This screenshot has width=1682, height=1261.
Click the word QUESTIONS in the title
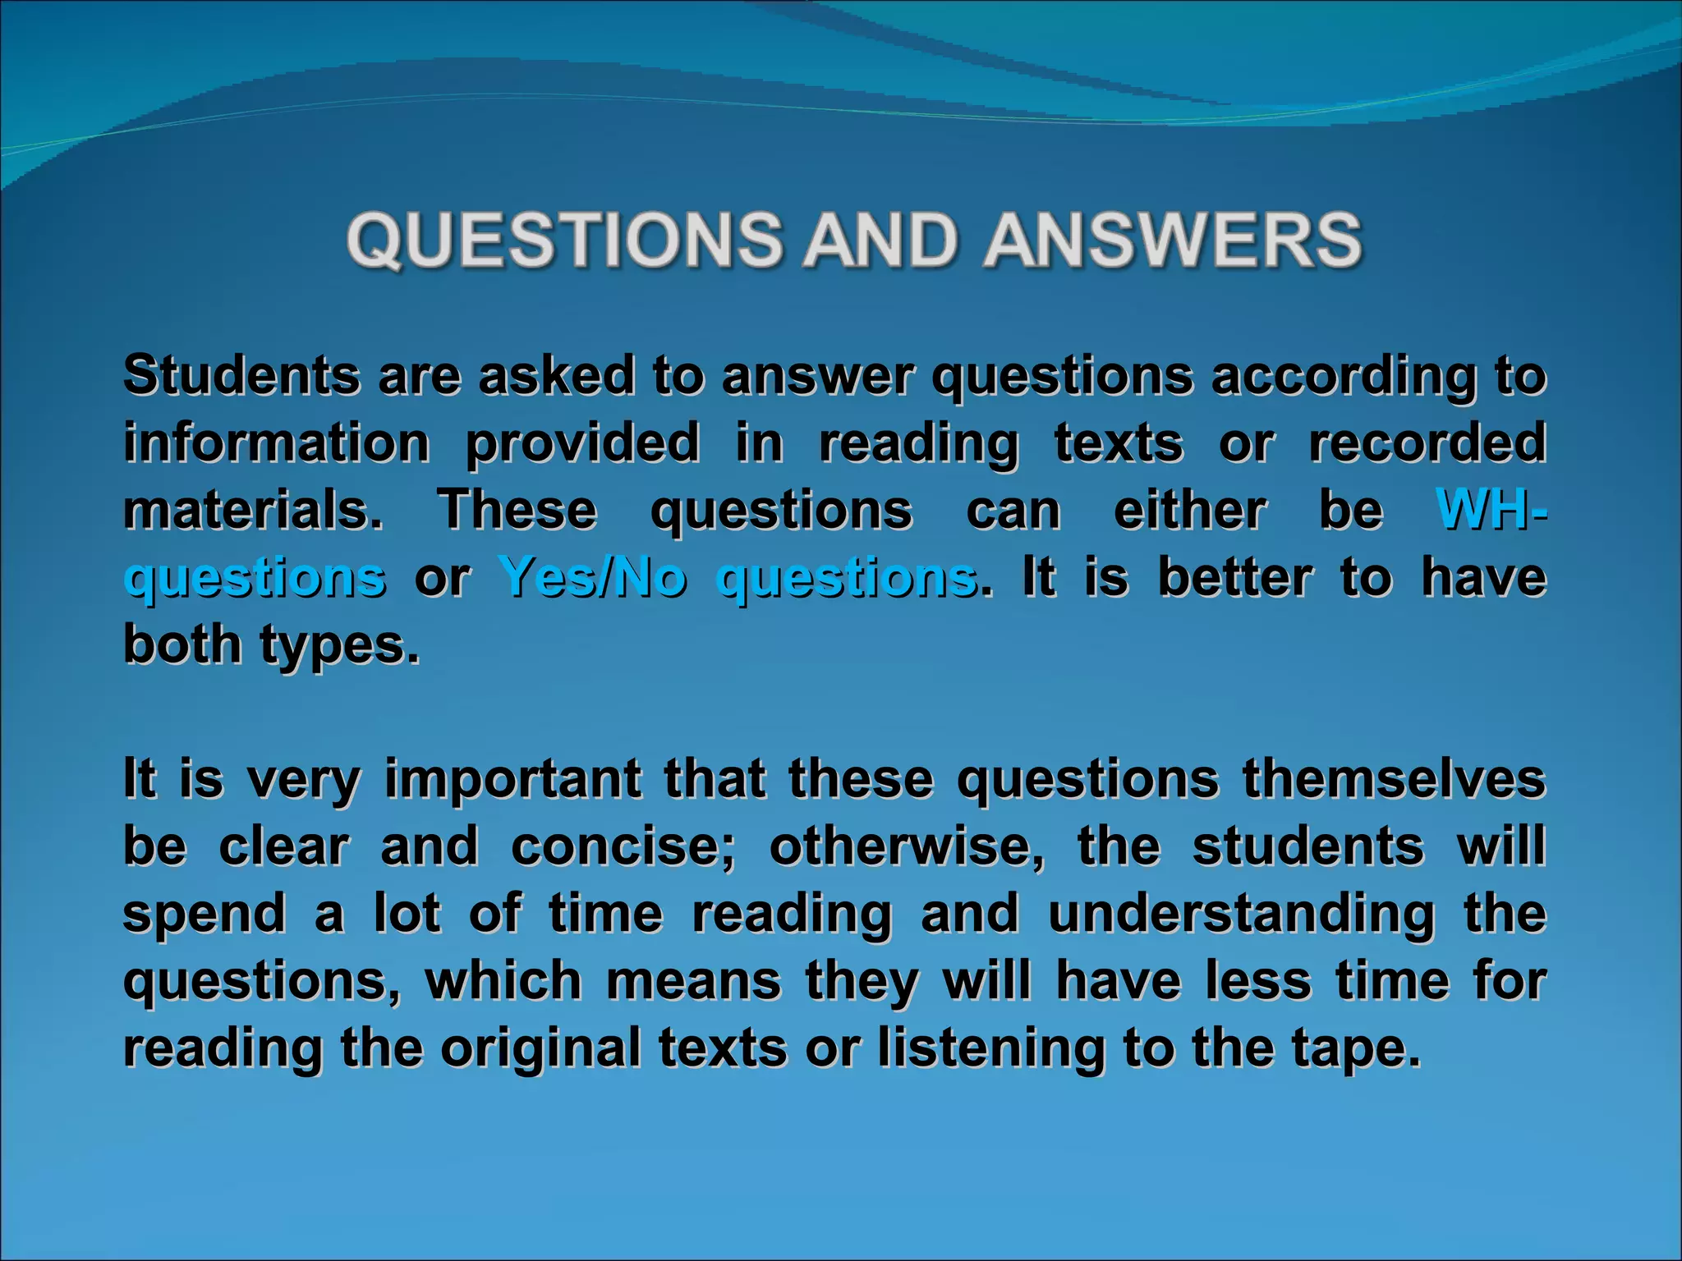click(x=565, y=240)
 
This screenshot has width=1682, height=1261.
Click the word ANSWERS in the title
click(x=1174, y=240)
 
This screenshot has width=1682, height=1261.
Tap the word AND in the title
click(x=880, y=240)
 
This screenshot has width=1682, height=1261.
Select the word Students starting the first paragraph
click(x=241, y=376)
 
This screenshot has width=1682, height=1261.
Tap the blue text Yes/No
click(x=592, y=577)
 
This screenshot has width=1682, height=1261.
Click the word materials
click(x=253, y=510)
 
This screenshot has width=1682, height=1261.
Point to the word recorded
click(x=1427, y=443)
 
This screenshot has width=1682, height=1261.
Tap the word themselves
click(x=1394, y=778)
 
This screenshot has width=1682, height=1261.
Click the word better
click(x=1234, y=577)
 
